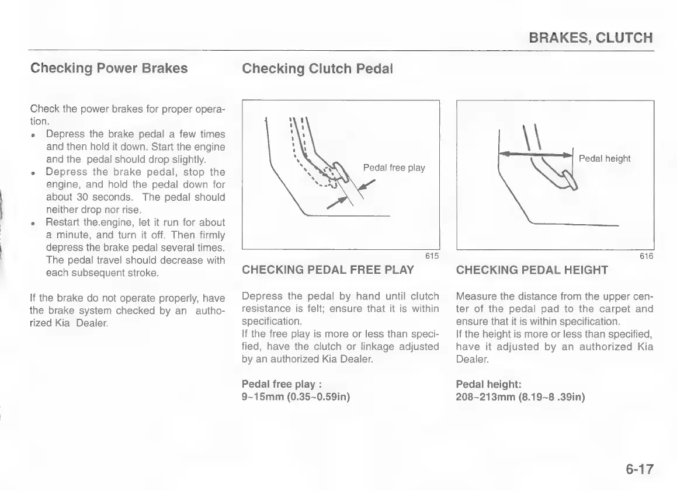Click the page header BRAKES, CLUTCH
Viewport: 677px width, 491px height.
[590, 39]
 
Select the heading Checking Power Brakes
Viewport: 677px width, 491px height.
[109, 68]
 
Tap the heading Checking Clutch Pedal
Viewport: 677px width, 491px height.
[317, 69]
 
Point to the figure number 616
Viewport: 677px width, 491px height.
[646, 256]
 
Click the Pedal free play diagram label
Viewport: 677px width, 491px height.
[394, 168]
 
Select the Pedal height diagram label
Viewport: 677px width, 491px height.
[604, 159]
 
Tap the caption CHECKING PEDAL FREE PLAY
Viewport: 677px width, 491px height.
[328, 270]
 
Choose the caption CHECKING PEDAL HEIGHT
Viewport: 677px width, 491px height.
[532, 270]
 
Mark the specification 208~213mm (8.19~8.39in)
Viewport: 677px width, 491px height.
[520, 398]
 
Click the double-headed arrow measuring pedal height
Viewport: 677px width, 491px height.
[534, 154]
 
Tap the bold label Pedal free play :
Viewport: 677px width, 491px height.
[283, 384]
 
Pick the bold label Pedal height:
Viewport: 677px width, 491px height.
[488, 384]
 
